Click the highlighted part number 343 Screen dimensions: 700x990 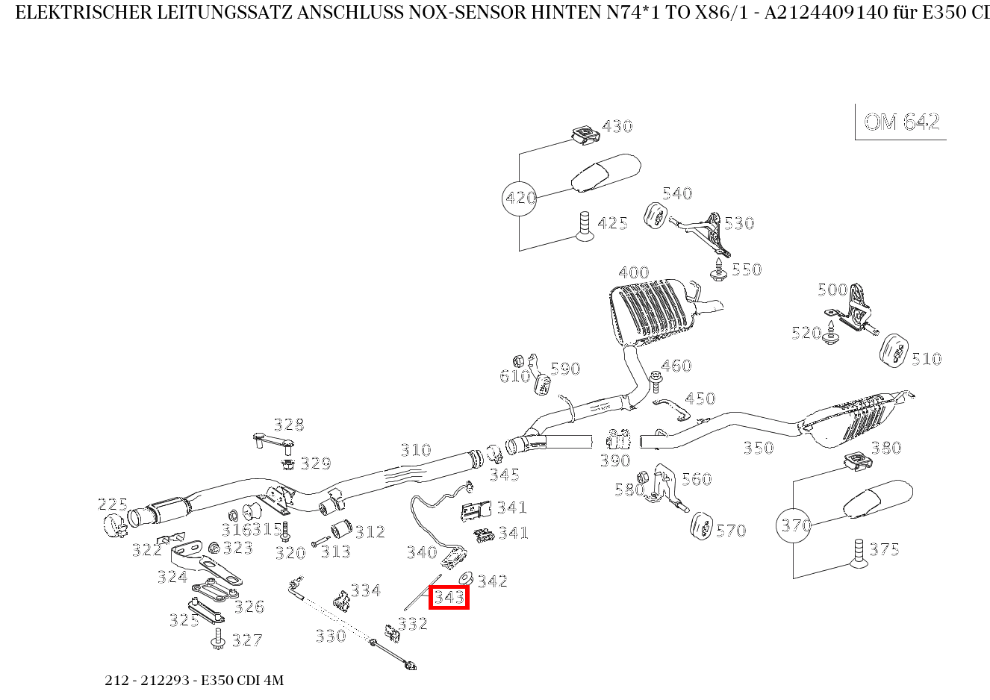449,598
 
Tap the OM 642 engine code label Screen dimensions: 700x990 901,122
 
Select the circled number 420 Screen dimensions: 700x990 520,199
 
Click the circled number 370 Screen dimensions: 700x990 794,526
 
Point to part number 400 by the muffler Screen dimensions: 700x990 633,272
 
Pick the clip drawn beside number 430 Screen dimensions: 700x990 585,134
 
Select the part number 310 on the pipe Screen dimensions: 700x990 415,450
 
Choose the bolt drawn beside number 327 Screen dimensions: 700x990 219,640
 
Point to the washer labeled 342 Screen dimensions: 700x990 465,578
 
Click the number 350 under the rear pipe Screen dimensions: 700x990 758,448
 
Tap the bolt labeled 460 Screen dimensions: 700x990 656,381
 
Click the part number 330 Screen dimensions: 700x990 330,636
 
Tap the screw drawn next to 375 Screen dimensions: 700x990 858,553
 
